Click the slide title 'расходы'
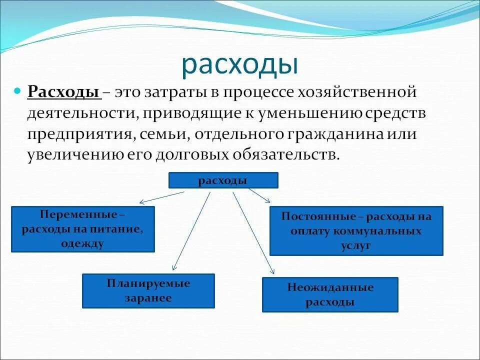tap(239, 64)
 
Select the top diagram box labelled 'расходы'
tap(223, 180)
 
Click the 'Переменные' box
tap(83, 229)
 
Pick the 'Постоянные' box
tap(356, 231)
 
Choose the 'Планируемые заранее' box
tap(148, 290)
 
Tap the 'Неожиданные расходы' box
tap(330, 294)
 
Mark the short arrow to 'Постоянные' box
tap(259, 195)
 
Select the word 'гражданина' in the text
tap(320, 134)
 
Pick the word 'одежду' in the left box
tap(83, 243)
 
